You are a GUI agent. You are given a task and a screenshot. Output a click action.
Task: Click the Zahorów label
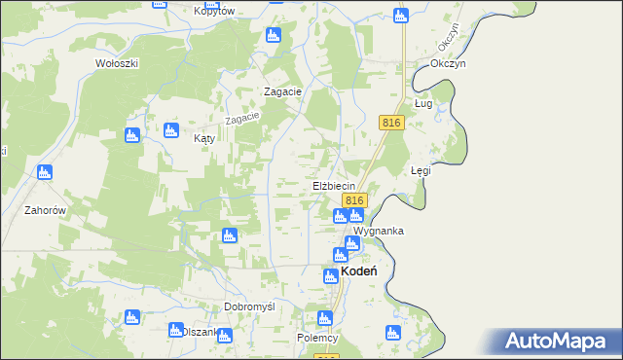click(46, 209)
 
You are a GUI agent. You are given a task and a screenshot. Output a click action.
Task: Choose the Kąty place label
click(203, 139)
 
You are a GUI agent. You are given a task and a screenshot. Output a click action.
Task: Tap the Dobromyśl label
click(249, 306)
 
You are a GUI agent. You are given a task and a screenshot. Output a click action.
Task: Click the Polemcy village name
click(316, 338)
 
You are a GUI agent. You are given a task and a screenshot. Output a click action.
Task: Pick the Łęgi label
click(421, 170)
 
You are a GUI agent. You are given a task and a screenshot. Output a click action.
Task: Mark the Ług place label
click(423, 102)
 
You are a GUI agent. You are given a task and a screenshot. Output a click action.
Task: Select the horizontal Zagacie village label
click(284, 90)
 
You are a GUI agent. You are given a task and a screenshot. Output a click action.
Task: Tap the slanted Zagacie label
click(243, 117)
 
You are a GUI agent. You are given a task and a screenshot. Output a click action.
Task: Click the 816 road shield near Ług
click(392, 122)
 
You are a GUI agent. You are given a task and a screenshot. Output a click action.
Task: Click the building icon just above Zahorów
click(43, 173)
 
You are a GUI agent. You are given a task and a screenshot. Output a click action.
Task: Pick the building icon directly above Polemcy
click(324, 317)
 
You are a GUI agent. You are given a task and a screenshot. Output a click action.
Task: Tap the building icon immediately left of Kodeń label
click(331, 276)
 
